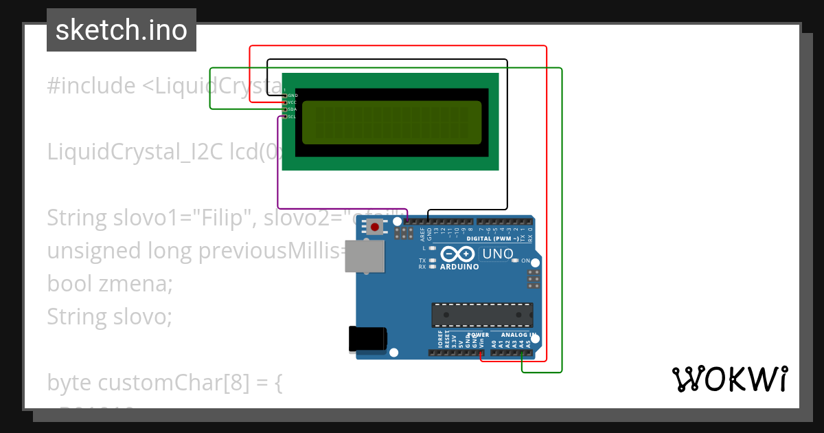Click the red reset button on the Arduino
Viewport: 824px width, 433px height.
point(374,227)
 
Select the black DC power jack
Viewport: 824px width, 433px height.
point(367,340)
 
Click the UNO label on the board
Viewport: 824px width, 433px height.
point(498,254)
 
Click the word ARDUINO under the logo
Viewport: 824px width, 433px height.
point(459,267)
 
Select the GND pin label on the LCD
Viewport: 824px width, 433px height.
point(293,95)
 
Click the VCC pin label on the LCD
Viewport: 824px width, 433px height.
point(292,102)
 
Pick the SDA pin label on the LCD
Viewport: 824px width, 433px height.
point(292,109)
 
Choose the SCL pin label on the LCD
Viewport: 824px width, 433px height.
point(292,117)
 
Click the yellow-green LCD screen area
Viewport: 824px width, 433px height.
point(391,122)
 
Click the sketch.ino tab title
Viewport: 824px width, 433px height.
point(122,30)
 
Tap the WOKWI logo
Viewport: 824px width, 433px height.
point(729,379)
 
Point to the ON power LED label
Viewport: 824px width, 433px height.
point(525,261)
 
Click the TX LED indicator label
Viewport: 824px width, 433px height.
point(423,260)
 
